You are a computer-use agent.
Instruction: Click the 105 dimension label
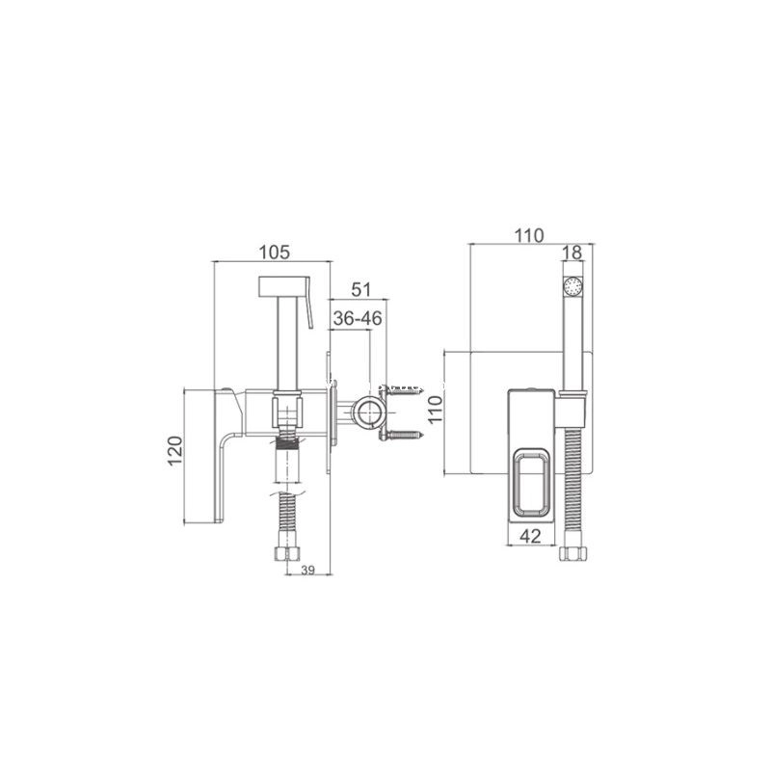pyautogui.click(x=275, y=253)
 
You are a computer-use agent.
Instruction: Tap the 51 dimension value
pyautogui.click(x=361, y=290)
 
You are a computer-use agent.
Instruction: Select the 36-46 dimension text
pyautogui.click(x=358, y=319)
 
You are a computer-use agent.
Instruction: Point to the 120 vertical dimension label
pyautogui.click(x=175, y=450)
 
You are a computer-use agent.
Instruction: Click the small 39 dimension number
pyautogui.click(x=307, y=570)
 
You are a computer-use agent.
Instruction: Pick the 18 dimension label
pyautogui.click(x=572, y=253)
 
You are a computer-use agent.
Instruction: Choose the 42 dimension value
pyautogui.click(x=531, y=536)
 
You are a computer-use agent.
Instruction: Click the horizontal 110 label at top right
pyautogui.click(x=529, y=236)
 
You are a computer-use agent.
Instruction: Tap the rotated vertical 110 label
pyautogui.click(x=436, y=410)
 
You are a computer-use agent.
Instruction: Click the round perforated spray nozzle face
pyautogui.click(x=572, y=285)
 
